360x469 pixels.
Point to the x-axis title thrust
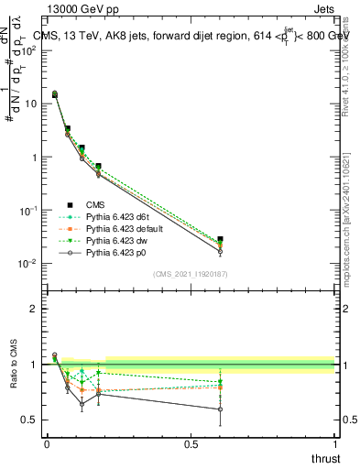[324, 458]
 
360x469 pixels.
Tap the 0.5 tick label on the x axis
[191, 444]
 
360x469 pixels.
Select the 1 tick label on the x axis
[334, 444]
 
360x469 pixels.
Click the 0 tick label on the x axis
[47, 444]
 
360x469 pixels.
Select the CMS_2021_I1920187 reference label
[190, 274]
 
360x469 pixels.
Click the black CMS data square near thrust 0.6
[220, 239]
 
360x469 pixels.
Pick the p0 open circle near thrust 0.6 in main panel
[220, 251]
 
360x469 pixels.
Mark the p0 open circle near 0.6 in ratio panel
[220, 409]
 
